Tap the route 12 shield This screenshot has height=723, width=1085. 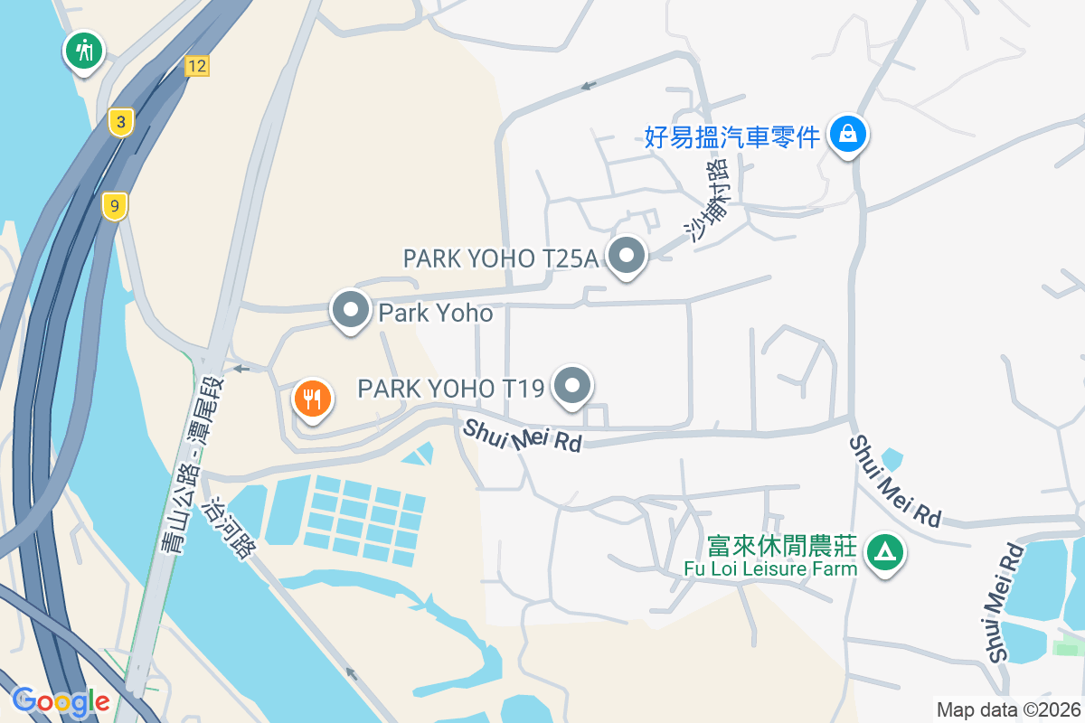coord(197,65)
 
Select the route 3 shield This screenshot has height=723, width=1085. coord(120,122)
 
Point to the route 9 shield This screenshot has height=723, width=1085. coord(114,206)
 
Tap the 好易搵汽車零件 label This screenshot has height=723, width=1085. coord(732,136)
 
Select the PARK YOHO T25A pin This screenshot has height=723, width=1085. coord(626,257)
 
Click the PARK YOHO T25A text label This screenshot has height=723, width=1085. coord(500,258)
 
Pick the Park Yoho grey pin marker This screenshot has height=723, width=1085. coord(350,311)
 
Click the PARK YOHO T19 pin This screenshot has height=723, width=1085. coord(571,387)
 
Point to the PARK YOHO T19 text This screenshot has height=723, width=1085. coord(450,389)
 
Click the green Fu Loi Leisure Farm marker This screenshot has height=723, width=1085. coord(884,550)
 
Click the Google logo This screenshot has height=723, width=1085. coord(61,700)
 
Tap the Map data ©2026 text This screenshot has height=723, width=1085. coord(1007,709)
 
